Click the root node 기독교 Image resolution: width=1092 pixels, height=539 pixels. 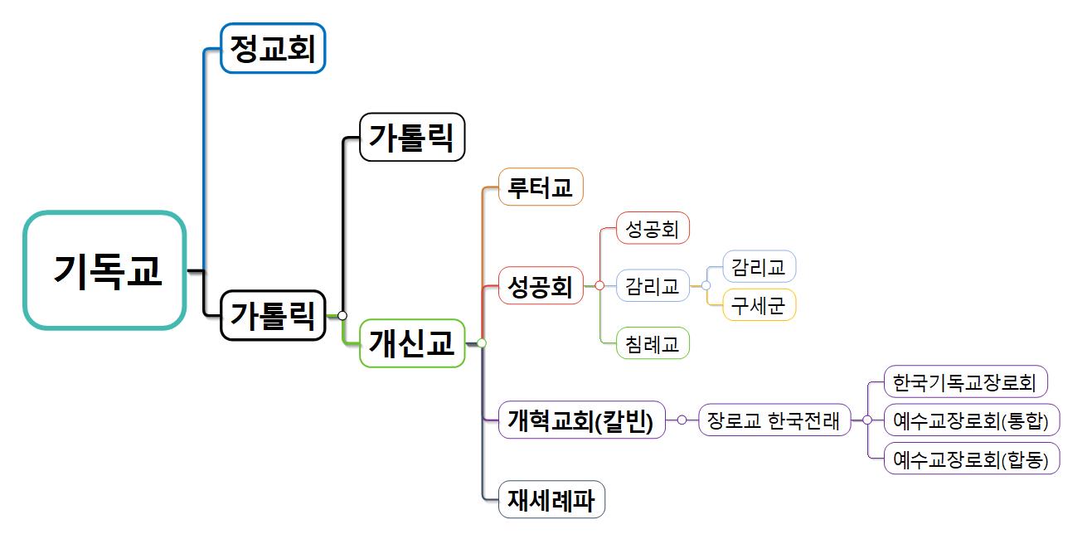[x=104, y=270]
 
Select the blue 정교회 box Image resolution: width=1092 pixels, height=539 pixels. [x=273, y=48]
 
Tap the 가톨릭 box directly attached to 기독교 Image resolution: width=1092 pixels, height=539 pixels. [x=273, y=315]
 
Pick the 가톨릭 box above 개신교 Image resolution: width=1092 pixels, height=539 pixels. [x=412, y=136]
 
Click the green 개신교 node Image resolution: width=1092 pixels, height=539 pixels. [x=412, y=342]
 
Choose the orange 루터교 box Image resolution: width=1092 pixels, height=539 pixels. [x=541, y=187]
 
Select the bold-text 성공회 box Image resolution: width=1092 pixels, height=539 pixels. [x=541, y=285]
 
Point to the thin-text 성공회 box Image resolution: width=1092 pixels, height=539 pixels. [x=653, y=228]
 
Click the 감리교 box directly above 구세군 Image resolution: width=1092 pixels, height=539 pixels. [x=759, y=266]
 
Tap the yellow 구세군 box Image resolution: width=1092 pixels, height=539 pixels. [x=759, y=305]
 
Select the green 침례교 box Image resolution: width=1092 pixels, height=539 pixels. [x=653, y=343]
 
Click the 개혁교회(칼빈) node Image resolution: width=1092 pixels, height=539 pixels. [x=581, y=420]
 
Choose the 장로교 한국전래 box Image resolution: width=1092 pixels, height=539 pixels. [x=774, y=420]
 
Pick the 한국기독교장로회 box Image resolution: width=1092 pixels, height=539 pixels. [x=966, y=382]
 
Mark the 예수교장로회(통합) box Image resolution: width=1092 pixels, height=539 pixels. [x=972, y=420]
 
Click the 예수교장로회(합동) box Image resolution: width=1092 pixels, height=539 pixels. [x=972, y=459]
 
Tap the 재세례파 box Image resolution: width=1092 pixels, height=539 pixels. [x=551, y=499]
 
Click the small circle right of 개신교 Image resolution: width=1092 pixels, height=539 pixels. [x=481, y=342]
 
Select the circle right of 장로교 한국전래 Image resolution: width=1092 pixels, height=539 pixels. [x=866, y=420]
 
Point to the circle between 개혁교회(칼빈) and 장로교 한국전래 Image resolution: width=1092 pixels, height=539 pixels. [x=682, y=420]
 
